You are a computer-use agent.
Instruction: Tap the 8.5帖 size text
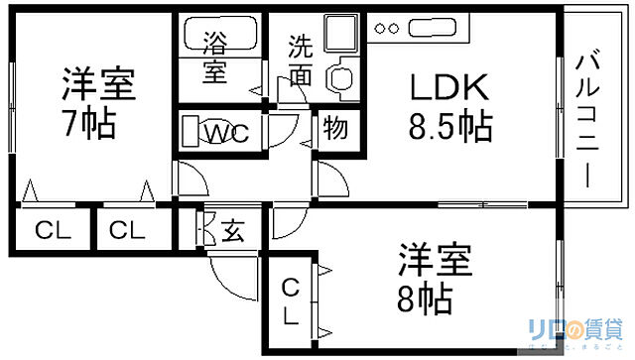(x=449, y=127)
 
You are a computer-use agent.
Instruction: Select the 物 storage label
(x=335, y=130)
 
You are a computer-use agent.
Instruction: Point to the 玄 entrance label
(x=232, y=233)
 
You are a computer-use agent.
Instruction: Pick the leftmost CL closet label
(x=54, y=232)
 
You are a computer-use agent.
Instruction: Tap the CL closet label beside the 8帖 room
(x=291, y=302)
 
